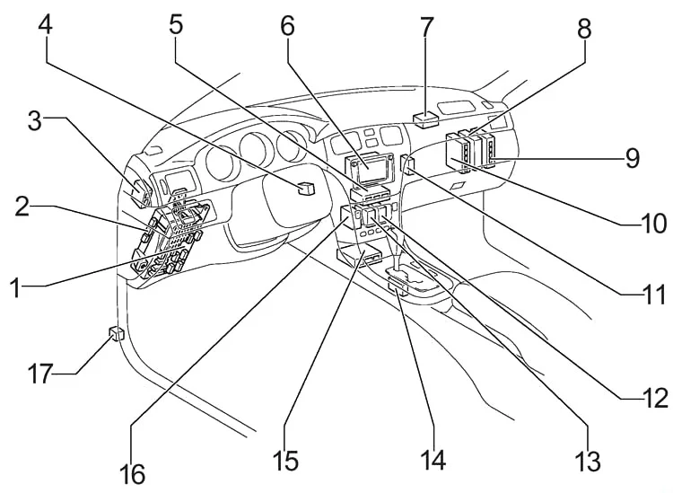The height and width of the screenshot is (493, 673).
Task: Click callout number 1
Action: (15, 287)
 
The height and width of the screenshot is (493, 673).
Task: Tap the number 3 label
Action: (35, 120)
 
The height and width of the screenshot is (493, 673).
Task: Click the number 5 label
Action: (176, 24)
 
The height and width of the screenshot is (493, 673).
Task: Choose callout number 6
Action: (287, 26)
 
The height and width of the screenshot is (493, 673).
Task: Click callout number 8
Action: (584, 29)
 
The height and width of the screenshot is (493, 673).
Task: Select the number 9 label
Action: (633, 158)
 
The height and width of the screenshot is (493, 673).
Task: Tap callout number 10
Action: (653, 224)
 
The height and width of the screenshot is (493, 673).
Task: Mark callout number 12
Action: (655, 399)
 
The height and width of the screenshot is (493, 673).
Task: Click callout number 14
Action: (433, 460)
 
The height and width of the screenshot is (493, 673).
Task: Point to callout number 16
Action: (132, 474)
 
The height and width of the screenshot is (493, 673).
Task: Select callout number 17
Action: (40, 374)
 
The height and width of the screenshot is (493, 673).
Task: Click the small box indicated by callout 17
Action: (116, 334)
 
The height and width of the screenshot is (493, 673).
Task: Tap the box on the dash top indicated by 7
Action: (425, 120)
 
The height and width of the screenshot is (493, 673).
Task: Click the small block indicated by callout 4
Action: (306, 188)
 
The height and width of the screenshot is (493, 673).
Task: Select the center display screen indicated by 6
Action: (370, 168)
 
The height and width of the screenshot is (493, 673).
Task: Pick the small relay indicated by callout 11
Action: (407, 165)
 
